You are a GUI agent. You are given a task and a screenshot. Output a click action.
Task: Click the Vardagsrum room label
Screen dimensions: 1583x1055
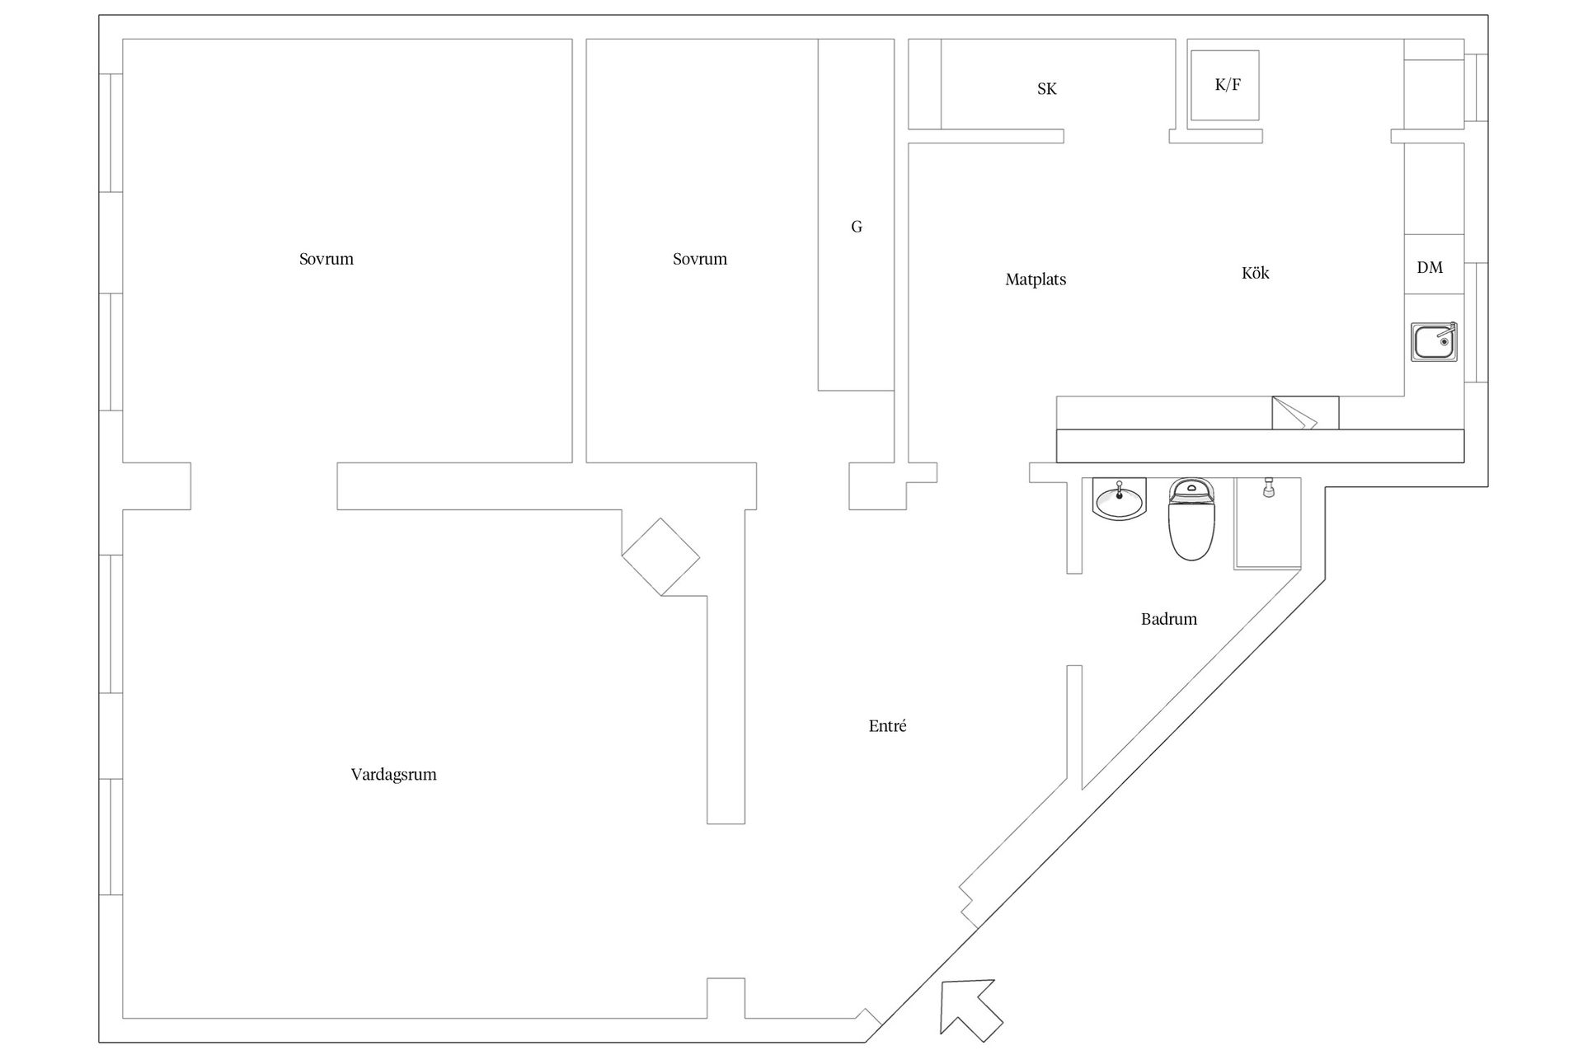393,775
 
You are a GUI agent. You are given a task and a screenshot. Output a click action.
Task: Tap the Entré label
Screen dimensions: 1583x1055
887,726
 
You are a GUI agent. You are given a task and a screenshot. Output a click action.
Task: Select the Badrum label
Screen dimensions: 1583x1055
1168,619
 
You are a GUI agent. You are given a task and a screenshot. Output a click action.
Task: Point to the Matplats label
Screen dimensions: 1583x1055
1036,279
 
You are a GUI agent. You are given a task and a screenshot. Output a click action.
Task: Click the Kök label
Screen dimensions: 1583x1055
1255,273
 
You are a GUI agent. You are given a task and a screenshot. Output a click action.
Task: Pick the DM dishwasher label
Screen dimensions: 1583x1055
1430,267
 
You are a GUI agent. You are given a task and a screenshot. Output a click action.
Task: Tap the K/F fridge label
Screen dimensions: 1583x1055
1228,84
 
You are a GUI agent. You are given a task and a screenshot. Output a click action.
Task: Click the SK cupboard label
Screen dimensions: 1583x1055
1046,89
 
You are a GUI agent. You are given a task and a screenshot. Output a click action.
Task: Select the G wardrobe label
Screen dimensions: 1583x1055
857,227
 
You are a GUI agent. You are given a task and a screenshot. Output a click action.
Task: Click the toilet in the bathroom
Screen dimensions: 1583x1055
1191,519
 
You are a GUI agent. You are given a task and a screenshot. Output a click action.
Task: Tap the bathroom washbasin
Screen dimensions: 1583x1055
1119,499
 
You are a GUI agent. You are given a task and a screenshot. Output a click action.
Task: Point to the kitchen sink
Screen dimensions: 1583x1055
1434,341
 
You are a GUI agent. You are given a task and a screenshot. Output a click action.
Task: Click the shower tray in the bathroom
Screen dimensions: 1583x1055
1267,523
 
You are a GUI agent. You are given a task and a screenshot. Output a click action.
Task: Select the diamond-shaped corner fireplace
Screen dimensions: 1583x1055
660,557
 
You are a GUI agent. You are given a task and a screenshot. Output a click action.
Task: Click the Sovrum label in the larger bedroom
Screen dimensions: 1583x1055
326,259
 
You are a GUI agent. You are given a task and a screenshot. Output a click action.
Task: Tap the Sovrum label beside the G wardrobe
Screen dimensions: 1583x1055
700,259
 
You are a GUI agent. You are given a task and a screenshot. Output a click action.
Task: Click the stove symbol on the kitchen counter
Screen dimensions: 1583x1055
1305,413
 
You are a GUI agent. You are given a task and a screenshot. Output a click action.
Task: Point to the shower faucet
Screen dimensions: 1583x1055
1268,487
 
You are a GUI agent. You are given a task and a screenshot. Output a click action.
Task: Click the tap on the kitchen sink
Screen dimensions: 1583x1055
1444,331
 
